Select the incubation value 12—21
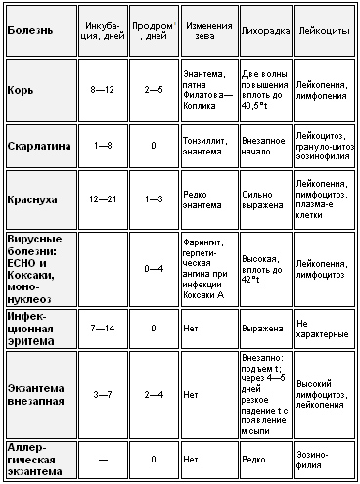coord(104,199)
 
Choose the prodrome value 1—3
coord(154,199)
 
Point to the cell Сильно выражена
coord(262,199)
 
